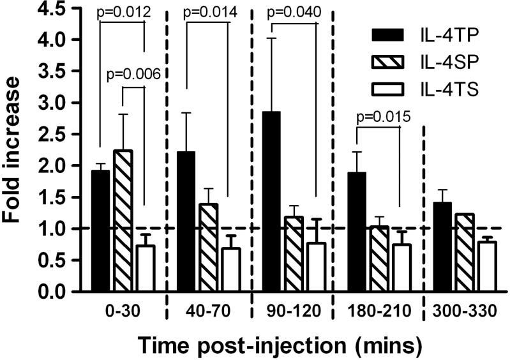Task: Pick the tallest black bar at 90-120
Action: [x=275, y=201]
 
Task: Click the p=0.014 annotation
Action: [x=213, y=12]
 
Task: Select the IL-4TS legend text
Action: [x=454, y=93]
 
